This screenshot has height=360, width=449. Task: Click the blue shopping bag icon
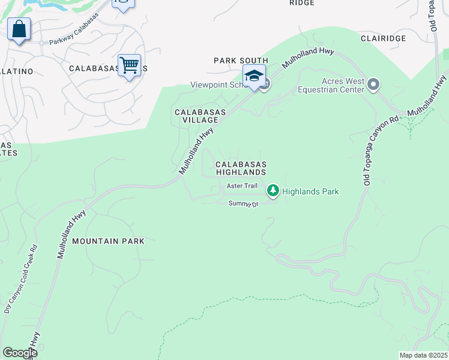tap(19, 29)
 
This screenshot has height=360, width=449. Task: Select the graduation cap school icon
tap(254, 76)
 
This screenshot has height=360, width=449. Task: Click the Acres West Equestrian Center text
tap(334, 85)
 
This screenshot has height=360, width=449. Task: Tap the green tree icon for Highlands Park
tap(273, 191)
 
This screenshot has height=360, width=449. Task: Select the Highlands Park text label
tap(310, 191)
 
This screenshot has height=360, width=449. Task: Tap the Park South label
tap(240, 61)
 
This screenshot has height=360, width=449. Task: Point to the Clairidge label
tap(383, 38)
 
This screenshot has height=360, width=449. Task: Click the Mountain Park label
tap(108, 241)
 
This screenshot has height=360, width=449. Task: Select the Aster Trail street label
tap(242, 186)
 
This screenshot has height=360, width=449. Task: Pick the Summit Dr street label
tap(243, 204)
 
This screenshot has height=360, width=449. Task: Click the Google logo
tap(20, 353)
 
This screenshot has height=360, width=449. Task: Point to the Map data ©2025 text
tap(423, 355)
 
